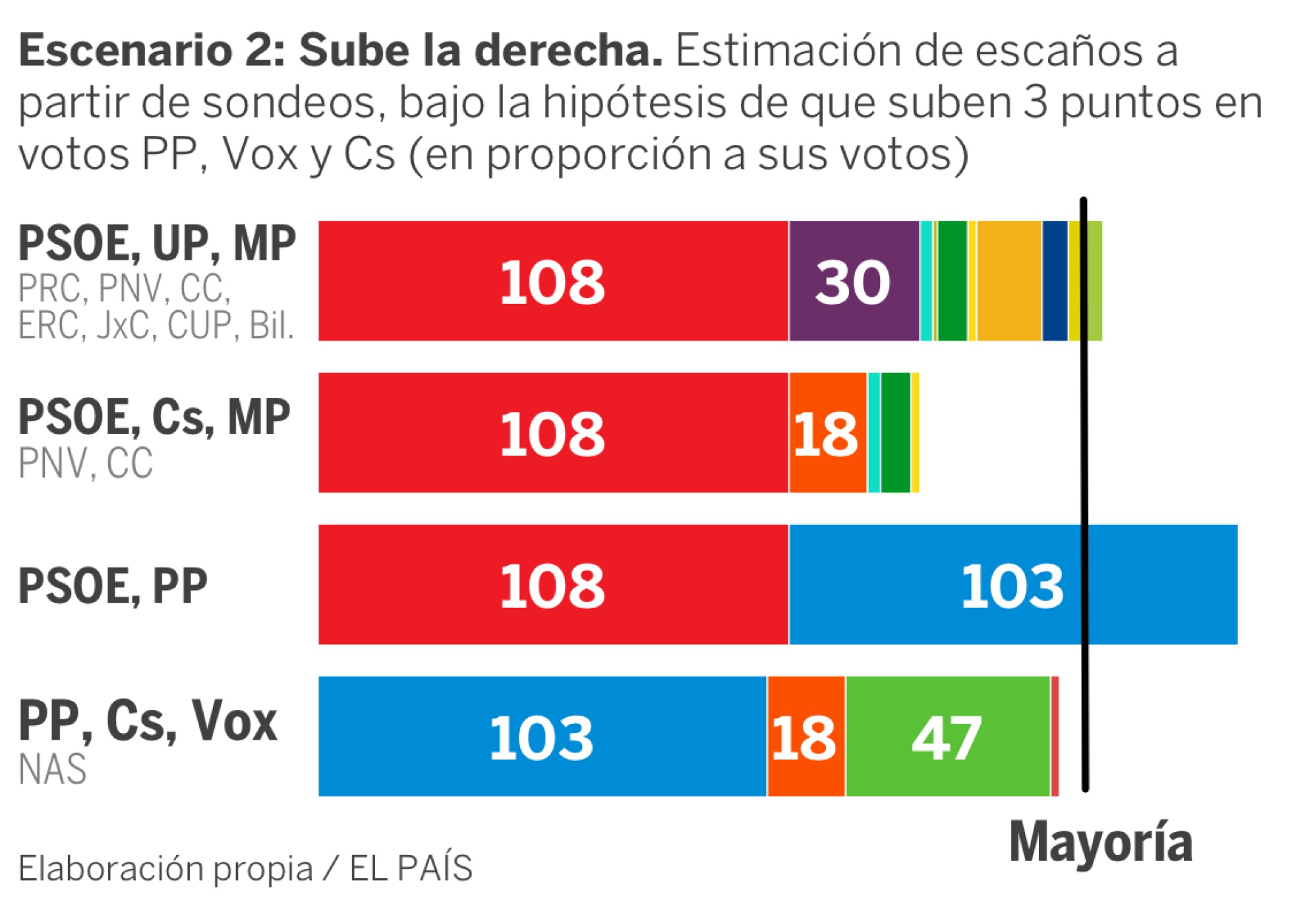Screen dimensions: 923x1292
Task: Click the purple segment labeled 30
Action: coord(854,281)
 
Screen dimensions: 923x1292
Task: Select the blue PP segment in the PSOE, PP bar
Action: coord(1013,585)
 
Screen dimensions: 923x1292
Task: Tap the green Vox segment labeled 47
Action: coord(947,736)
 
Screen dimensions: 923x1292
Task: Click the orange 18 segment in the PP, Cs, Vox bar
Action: coord(806,736)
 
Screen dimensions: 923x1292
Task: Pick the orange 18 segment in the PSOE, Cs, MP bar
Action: coord(827,433)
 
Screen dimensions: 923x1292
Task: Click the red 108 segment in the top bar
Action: coord(552,281)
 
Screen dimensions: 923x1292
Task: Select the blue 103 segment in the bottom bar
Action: coord(542,736)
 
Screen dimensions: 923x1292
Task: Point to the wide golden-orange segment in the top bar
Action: coord(1009,281)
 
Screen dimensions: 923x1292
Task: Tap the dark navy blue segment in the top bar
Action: coord(1055,281)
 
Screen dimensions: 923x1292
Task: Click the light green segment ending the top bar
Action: coord(1095,281)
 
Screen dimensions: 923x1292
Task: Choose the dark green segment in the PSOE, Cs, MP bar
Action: coord(895,433)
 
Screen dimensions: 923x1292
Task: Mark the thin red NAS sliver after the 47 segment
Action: coord(1055,736)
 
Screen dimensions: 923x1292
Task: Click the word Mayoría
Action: coord(1101,842)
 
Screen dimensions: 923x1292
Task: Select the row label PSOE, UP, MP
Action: coord(157,244)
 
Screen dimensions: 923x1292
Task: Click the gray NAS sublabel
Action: coord(53,769)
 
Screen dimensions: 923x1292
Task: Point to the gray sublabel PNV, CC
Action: coord(86,463)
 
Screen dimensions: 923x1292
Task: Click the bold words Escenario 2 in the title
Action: coord(152,51)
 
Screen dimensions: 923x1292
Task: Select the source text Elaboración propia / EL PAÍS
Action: coord(245,868)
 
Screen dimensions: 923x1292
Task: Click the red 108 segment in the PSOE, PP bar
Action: coord(552,585)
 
